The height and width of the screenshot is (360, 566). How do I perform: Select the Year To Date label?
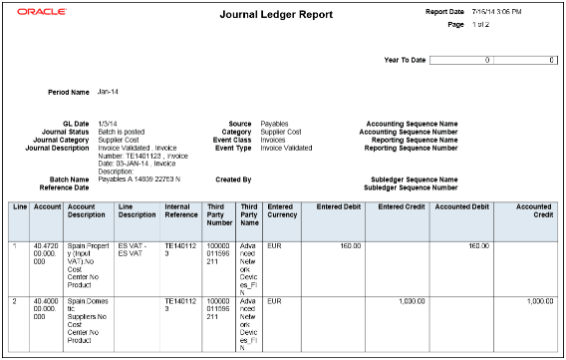click(405, 60)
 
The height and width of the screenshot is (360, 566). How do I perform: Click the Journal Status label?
click(66, 132)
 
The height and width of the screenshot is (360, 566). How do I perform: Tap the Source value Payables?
click(275, 124)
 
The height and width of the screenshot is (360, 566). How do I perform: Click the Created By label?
click(232, 180)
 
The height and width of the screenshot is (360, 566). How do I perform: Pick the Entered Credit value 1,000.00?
click(413, 299)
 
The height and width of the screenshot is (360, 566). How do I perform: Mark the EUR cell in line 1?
click(276, 244)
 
